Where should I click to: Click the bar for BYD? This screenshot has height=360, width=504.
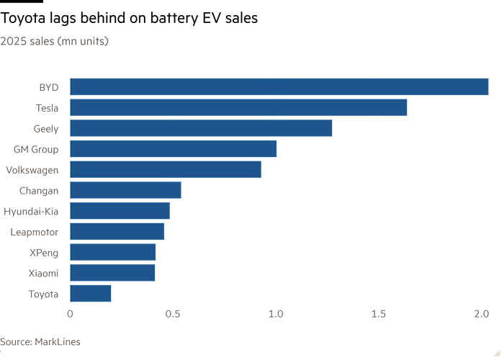(279, 87)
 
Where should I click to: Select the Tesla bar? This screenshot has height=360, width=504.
(238, 108)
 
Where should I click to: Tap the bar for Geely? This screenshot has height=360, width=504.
(201, 128)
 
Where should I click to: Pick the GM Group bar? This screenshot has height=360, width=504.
(174, 149)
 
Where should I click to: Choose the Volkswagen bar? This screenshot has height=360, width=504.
(166, 170)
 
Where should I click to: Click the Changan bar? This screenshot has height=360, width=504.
(125, 190)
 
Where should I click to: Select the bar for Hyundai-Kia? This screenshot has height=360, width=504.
(120, 211)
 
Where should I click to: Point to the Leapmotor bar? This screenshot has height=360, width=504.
(117, 232)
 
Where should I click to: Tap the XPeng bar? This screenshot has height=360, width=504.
(113, 252)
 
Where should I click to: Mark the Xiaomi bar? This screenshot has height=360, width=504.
(112, 273)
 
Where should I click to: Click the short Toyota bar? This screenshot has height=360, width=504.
(91, 293)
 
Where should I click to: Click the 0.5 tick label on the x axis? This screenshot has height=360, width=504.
(172, 314)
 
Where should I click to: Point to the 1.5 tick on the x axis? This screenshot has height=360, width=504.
(379, 314)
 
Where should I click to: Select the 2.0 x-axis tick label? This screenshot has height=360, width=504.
(482, 314)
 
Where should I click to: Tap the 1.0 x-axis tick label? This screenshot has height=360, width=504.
(276, 314)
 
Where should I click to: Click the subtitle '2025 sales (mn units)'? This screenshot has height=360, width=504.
(55, 42)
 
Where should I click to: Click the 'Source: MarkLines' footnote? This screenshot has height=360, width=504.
(40, 342)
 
